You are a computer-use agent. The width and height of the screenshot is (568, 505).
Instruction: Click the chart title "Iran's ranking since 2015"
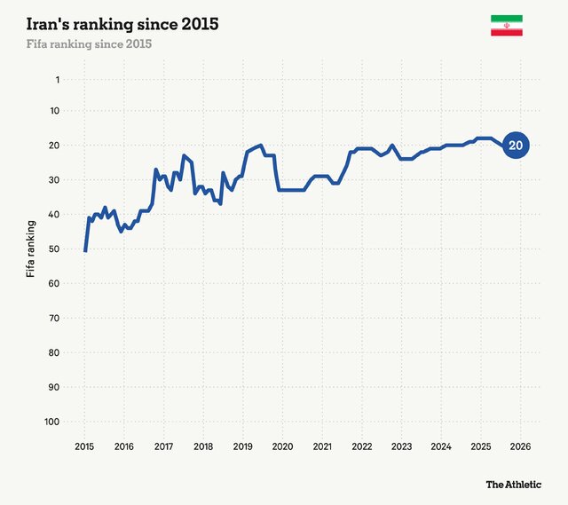122,24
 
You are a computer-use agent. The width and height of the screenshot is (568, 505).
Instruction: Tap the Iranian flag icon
506,26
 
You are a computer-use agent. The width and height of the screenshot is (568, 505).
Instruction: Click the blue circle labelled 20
516,146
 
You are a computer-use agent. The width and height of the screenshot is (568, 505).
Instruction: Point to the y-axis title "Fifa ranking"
31,249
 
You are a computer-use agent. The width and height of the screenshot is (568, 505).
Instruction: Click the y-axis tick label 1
56,80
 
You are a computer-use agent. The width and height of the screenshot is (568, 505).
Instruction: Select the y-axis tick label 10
53,111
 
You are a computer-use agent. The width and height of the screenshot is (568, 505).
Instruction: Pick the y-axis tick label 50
53,249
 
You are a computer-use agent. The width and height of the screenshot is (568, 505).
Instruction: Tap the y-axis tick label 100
51,422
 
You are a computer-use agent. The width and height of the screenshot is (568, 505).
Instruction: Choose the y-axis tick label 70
53,319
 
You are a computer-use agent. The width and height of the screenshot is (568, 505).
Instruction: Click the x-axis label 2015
84,446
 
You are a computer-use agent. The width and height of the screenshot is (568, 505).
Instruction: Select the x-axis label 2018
203,446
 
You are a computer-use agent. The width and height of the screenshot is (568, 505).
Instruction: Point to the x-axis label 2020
282,446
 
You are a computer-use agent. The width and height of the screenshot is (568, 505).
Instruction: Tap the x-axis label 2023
401,446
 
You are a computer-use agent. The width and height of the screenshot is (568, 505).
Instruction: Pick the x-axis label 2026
520,446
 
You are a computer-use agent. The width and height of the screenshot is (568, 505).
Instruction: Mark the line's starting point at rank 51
85,251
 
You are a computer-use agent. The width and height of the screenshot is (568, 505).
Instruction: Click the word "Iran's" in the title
50,24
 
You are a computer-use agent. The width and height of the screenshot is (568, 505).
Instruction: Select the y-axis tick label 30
53,180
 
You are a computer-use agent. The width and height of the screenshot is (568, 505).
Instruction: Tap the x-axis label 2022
361,446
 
